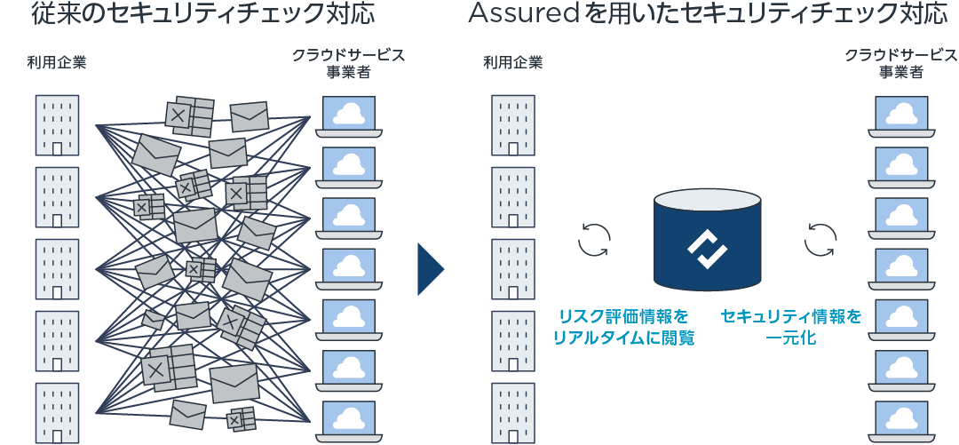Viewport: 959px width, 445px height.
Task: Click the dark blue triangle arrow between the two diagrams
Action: pyautogui.click(x=431, y=269)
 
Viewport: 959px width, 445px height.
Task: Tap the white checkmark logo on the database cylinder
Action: pyautogui.click(x=707, y=249)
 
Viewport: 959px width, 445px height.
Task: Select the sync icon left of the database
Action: pyautogui.click(x=594, y=239)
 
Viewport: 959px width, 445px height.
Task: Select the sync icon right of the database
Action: pyautogui.click(x=820, y=239)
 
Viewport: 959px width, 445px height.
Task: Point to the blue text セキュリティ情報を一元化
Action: pyautogui.click(x=791, y=327)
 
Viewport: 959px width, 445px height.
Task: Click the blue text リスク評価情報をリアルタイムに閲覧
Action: pyautogui.click(x=623, y=327)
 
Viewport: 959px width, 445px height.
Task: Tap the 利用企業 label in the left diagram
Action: pyautogui.click(x=57, y=62)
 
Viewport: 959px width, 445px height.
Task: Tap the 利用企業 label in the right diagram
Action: pyautogui.click(x=512, y=62)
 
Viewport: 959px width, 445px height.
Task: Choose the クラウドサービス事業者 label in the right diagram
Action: pyautogui.click(x=901, y=63)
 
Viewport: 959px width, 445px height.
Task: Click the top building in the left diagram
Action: pyautogui.click(x=57, y=125)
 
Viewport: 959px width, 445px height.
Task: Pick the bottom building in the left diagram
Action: pyautogui.click(x=57, y=413)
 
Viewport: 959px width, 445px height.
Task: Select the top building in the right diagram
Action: pyautogui.click(x=512, y=125)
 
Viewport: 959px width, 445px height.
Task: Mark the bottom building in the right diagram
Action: pyautogui.click(x=512, y=413)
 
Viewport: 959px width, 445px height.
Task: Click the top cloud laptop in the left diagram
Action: pyautogui.click(x=349, y=116)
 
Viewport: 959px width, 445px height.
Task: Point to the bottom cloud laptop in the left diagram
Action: pyautogui.click(x=349, y=421)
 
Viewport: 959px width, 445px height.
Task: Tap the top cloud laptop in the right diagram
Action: pyautogui.click(x=901, y=116)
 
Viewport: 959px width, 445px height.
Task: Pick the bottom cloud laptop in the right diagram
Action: pyautogui.click(x=901, y=421)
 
